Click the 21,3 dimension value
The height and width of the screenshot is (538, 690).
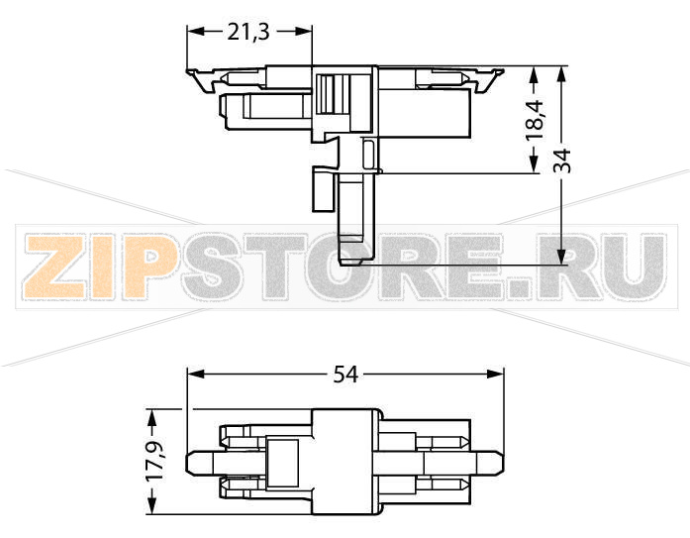point(248,32)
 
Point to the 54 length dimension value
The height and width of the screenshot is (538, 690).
point(345,375)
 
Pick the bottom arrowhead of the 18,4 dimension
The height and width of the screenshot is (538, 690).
point(535,167)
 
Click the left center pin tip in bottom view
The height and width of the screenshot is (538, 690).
point(192,462)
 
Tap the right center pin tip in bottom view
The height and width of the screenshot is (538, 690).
point(500,462)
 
